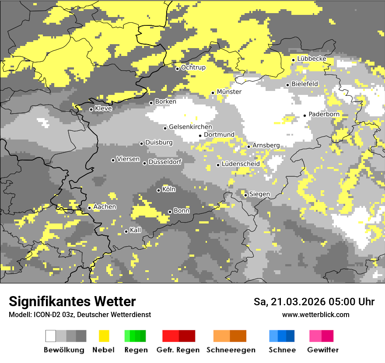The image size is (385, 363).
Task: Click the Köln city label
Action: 168,190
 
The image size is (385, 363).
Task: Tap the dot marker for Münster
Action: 213,93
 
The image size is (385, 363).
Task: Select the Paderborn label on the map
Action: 324,115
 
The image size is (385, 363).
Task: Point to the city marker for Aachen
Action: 89,208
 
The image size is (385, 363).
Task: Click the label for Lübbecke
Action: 311,59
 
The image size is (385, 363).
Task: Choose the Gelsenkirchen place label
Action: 190,127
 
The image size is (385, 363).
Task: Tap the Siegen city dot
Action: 246,195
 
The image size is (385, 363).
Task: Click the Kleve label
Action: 103,108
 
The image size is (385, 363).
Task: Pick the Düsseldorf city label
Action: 165,162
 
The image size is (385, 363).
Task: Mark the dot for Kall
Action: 126,231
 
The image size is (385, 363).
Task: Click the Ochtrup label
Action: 193,68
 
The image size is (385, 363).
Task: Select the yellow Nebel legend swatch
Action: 104,336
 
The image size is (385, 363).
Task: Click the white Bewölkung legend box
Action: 51,336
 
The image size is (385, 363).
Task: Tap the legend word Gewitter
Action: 322,350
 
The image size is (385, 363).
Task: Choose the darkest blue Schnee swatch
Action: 290,336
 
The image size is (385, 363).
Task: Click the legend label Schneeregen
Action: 230,350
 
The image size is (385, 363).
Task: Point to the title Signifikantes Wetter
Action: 72,301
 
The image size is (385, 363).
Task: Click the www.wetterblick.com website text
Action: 315,314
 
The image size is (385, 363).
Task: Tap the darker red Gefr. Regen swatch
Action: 187,336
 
